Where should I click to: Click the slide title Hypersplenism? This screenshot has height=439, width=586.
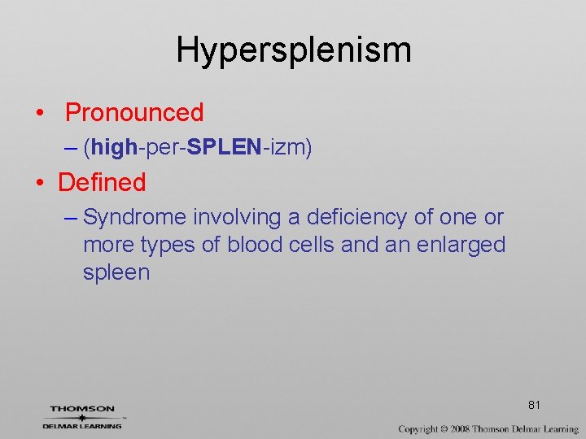click(293, 50)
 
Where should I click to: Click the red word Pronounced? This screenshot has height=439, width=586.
click(134, 112)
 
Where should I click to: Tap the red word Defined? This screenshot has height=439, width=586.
click(102, 182)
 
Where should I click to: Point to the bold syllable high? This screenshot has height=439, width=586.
click(115, 147)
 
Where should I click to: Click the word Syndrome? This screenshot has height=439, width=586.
click(134, 218)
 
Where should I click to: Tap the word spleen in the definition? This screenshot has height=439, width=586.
click(116, 272)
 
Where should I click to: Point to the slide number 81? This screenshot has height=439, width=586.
click(535, 405)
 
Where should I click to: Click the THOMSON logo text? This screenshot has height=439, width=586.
click(82, 409)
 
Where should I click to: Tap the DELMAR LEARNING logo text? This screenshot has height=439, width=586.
click(82, 425)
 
